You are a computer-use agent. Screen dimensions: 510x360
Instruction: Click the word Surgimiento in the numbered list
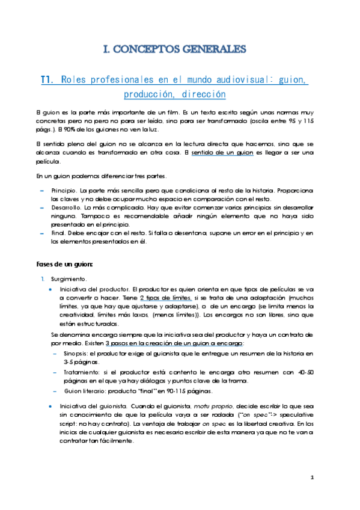69,279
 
